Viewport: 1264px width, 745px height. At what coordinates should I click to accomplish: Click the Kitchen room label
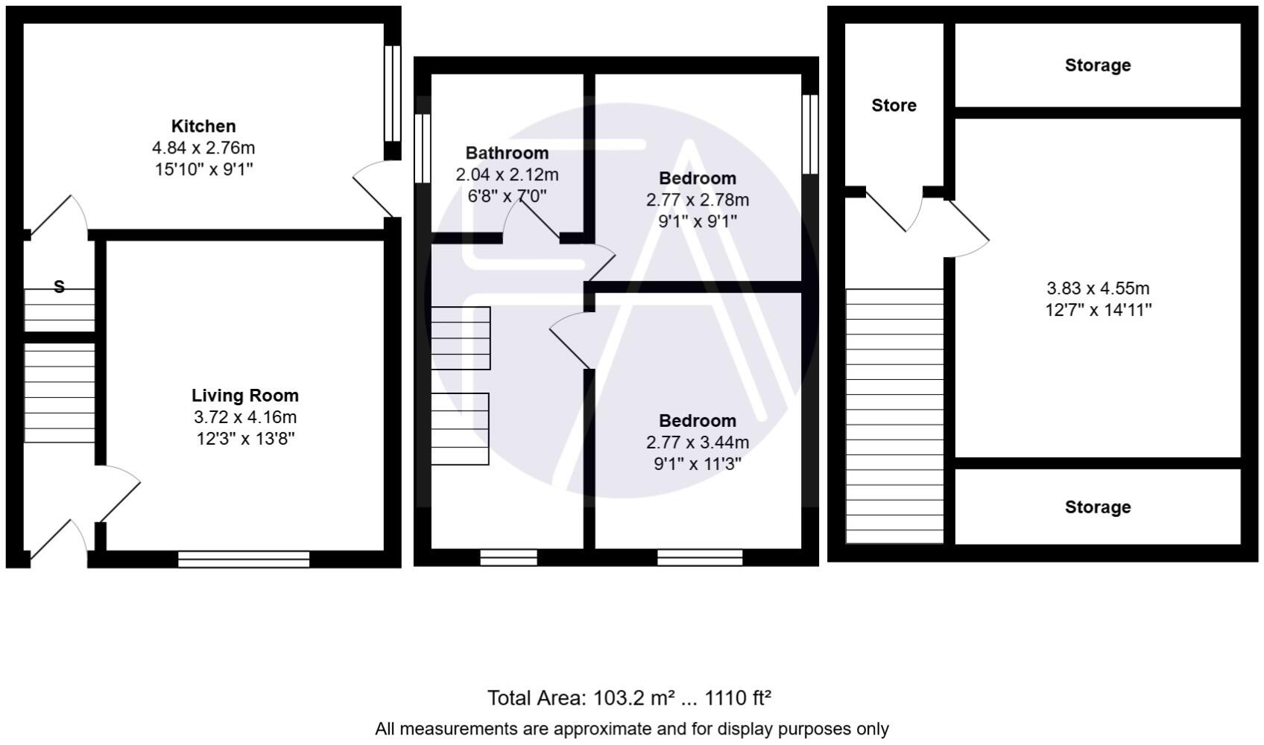203,126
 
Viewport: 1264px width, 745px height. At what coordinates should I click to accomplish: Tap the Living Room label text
244,396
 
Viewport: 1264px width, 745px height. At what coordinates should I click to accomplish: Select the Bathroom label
507,153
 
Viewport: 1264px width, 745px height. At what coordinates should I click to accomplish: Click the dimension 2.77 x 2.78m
697,200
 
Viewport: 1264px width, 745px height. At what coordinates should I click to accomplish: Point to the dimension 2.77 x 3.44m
697,443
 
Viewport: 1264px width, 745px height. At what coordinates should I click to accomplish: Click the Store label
894,105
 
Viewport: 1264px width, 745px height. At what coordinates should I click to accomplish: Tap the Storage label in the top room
1097,66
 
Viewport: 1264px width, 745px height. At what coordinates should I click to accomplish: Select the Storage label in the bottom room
1097,507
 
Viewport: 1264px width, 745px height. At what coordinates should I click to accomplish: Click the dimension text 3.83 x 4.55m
1098,288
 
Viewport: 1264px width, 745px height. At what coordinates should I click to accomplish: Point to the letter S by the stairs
60,286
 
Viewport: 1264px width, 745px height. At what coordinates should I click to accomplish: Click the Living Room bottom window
244,559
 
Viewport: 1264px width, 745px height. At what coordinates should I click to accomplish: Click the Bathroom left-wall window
423,148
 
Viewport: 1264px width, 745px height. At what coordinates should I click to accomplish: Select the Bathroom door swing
531,220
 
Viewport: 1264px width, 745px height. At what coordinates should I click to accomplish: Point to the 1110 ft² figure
737,698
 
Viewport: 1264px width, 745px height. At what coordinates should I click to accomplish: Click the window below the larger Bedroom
700,557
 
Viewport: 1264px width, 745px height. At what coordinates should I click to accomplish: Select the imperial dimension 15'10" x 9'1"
203,170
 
